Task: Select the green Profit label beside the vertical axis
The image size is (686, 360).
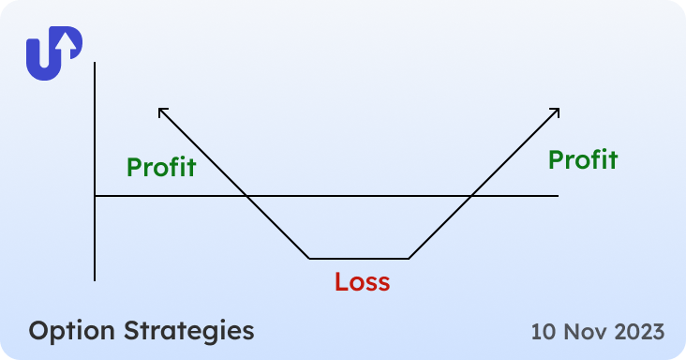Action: pos(161,168)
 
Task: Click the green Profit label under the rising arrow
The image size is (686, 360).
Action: pos(583,159)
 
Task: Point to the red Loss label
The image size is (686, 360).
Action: pos(362,281)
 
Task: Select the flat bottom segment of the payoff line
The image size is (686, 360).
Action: pos(359,258)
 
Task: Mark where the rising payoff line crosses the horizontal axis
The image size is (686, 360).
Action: pos(470,196)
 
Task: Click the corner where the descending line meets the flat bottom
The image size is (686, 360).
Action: pos(309,258)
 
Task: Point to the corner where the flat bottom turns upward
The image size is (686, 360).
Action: pos(410,258)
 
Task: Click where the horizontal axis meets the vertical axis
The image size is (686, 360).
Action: pos(95,196)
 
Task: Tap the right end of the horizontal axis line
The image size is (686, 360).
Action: pos(557,196)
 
